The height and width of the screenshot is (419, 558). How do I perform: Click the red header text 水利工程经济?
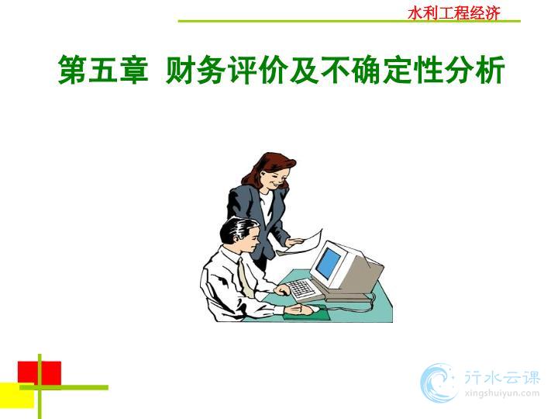tap(454, 13)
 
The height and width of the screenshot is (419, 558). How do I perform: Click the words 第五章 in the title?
tap(103, 70)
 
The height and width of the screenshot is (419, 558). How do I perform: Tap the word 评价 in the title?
tap(257, 70)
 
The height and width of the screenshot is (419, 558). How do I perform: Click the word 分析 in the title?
tap(474, 70)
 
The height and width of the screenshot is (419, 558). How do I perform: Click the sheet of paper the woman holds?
tap(303, 242)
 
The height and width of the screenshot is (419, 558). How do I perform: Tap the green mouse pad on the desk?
tap(306, 313)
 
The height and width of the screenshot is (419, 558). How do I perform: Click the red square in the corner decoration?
tap(40, 373)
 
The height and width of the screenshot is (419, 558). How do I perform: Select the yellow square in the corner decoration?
tap(17, 396)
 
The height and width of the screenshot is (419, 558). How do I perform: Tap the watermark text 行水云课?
tap(502, 377)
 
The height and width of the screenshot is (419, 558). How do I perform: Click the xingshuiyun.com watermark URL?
tap(501, 393)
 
